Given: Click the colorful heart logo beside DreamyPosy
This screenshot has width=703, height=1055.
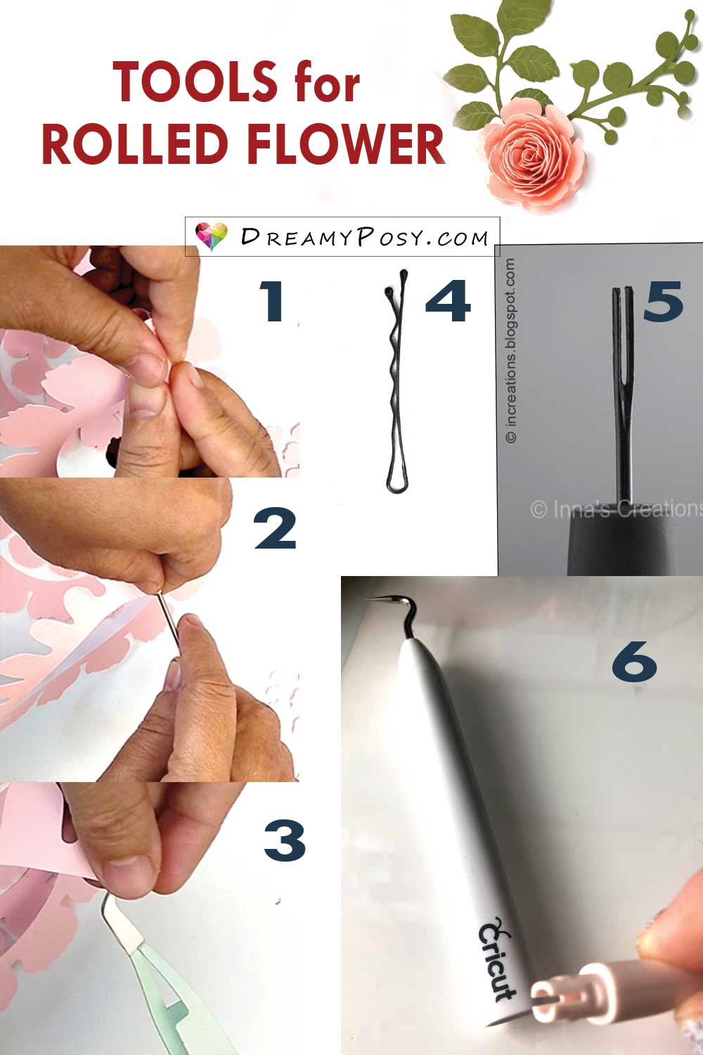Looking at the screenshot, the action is (212, 236).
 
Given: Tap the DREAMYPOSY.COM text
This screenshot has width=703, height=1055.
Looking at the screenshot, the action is (364, 237).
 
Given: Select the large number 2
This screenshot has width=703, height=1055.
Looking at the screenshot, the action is (275, 528).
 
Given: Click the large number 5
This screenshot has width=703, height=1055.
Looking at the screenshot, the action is (662, 302).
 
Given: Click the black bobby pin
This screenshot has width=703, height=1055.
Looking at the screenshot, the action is (396, 381).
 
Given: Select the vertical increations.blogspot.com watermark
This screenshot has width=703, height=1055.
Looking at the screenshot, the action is (511, 350).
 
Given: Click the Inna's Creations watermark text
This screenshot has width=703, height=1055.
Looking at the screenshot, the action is (617, 509).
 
